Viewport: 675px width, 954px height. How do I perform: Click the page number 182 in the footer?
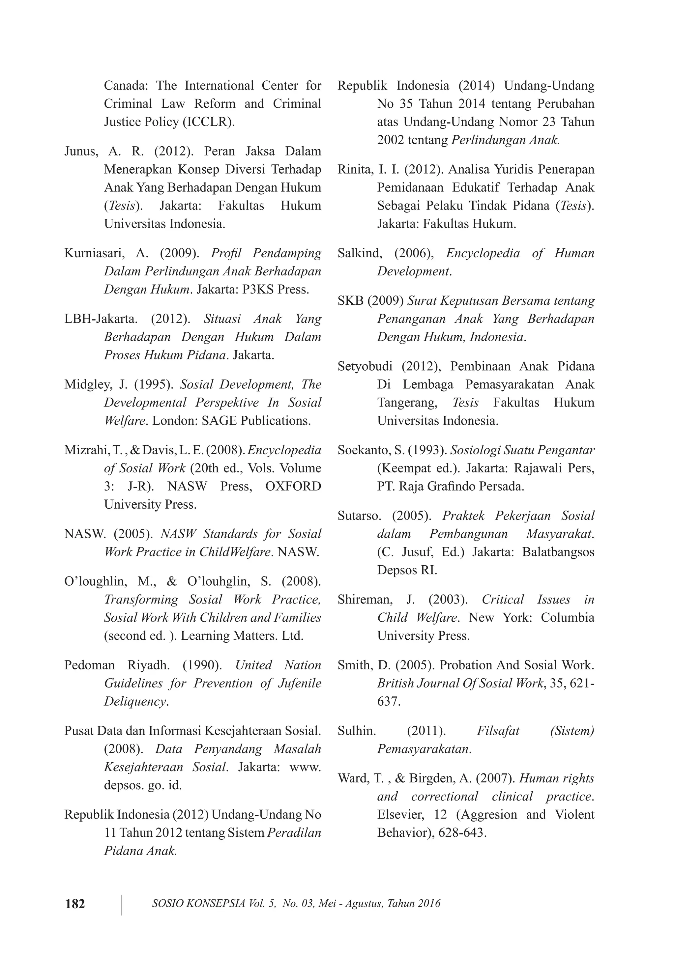pos(75,904)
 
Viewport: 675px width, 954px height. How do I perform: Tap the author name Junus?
pos(81,151)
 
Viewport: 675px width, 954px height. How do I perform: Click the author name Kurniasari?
pos(97,253)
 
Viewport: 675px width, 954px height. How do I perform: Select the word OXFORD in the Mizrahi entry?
pos(293,486)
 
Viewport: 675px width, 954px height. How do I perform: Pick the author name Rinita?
pos(355,170)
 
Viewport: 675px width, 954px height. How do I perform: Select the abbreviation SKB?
pos(350,300)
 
